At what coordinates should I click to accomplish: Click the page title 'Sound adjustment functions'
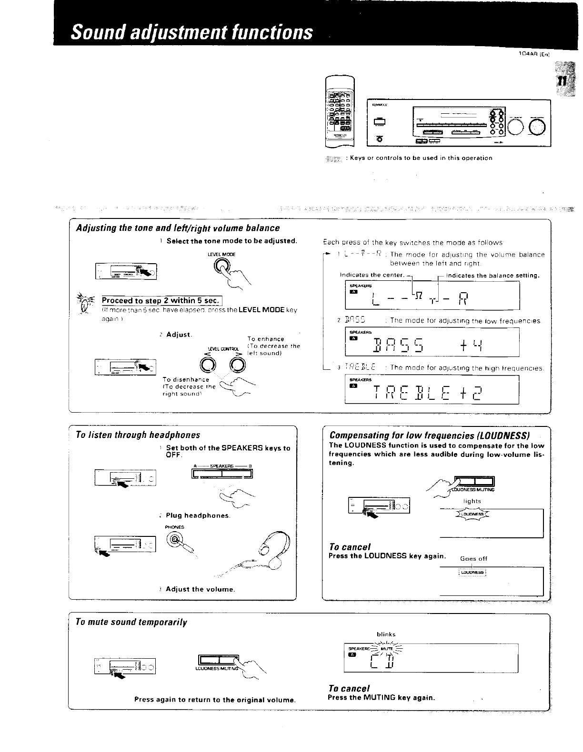pos(192,32)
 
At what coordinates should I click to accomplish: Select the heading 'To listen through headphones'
pos(138,435)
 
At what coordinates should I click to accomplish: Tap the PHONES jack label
pos(174,527)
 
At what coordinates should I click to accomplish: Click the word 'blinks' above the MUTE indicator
pos(386,634)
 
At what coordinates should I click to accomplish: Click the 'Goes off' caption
pos(473,559)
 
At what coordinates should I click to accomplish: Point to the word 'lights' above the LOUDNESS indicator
pos(472,501)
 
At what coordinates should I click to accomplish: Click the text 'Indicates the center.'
pos(372,275)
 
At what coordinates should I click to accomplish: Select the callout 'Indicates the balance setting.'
pos(493,276)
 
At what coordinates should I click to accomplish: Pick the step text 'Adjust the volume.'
pos(200,589)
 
